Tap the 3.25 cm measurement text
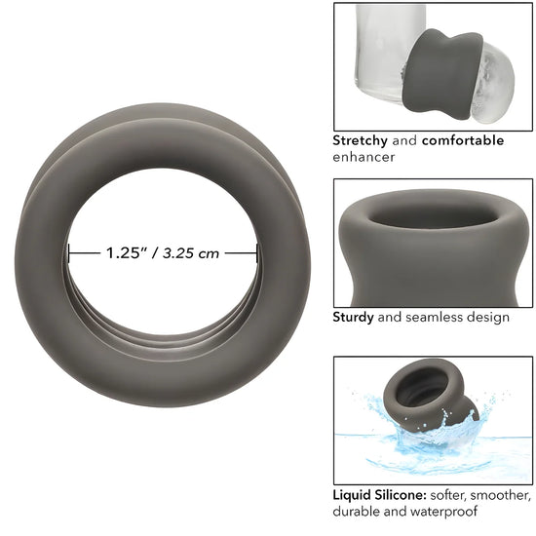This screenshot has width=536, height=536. point(191,253)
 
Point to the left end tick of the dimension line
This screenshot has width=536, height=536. point(69,253)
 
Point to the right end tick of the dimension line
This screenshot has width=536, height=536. point(256,253)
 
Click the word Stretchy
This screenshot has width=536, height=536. point(360,140)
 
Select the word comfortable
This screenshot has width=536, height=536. point(463,140)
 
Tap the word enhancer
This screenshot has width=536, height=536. point(364,157)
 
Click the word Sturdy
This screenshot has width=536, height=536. point(353,318)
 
